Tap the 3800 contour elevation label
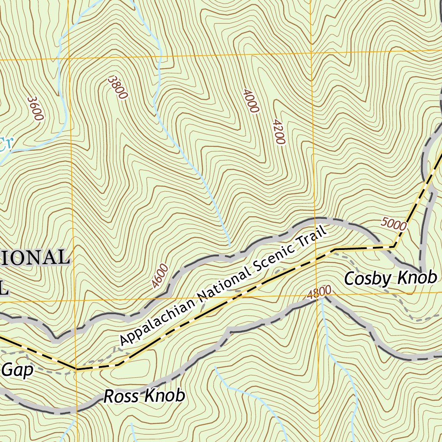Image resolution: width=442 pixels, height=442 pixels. [117, 88]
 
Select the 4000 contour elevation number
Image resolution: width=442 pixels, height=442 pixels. [250, 101]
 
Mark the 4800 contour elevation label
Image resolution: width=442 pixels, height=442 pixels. [319, 293]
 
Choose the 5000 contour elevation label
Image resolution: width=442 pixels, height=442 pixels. [394, 224]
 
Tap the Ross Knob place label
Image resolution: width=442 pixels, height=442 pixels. [145, 395]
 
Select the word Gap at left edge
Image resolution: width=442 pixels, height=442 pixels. [17, 370]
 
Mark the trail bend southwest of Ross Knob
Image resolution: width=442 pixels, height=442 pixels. [76, 369]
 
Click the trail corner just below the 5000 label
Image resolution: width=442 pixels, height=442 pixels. [394, 247]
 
